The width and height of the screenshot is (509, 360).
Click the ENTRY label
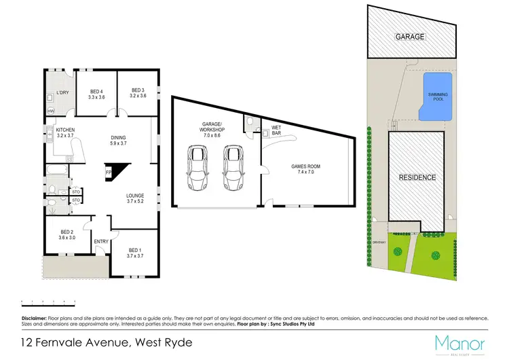(x=101, y=241)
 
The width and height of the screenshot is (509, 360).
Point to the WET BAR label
(x=277, y=130)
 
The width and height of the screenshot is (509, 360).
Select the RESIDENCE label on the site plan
(x=417, y=177)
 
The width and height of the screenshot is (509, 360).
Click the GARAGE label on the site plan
(x=411, y=37)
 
